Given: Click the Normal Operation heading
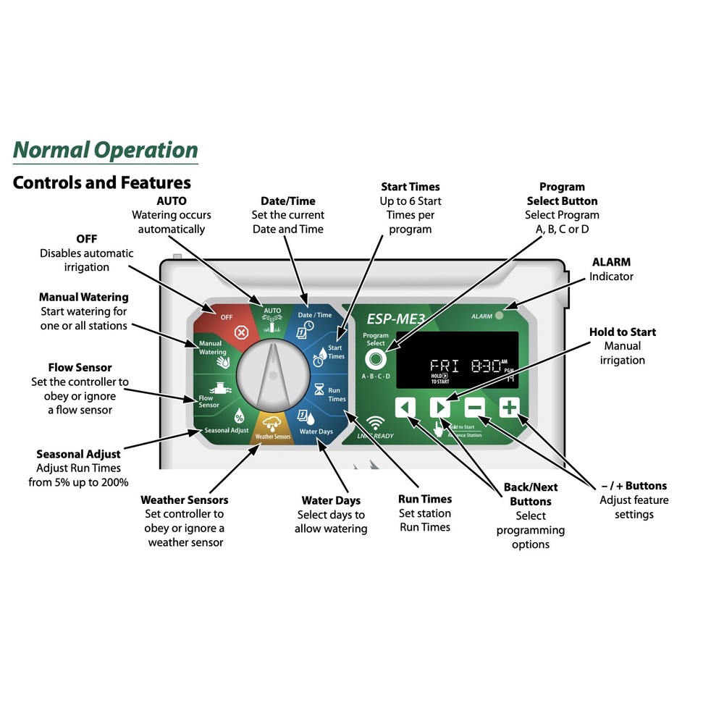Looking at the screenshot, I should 106,150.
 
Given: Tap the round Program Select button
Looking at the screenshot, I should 375,359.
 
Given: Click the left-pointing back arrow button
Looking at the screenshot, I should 405,408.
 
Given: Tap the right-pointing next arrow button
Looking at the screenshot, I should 440,408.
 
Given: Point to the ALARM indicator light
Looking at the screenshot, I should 500,316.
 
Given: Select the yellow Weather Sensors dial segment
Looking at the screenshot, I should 272,429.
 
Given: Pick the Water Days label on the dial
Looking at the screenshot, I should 316,431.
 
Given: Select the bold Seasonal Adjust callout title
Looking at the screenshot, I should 78,455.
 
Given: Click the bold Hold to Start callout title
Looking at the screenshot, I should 622,332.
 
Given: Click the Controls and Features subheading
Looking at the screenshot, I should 101,182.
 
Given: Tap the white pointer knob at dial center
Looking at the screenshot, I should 272,373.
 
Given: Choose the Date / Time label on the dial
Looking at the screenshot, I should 315,315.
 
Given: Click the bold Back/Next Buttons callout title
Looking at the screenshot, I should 531,494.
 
